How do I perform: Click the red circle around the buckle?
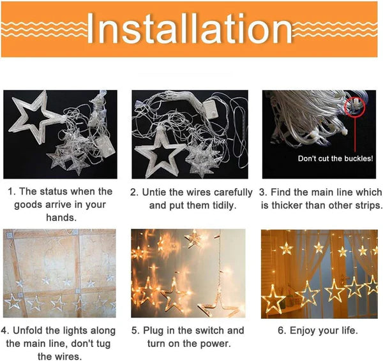[354, 106]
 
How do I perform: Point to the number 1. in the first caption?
[12, 191]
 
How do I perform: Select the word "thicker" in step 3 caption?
[296, 205]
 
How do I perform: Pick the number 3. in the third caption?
[264, 192]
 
